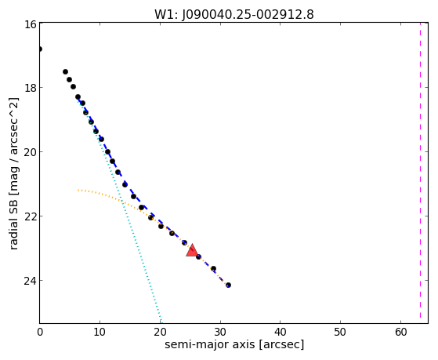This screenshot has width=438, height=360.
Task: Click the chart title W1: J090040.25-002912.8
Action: [234, 14]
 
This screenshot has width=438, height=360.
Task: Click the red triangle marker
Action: [192, 251]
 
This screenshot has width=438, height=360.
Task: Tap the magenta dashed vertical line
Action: [420, 170]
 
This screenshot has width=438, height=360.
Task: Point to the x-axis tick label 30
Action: [220, 332]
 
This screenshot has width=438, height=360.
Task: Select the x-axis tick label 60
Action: [400, 332]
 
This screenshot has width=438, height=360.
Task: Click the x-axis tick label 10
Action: [100, 332]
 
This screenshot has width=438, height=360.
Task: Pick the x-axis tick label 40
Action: [281, 332]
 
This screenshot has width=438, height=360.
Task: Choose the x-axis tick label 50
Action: [340, 332]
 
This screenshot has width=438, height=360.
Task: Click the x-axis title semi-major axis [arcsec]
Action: [234, 344]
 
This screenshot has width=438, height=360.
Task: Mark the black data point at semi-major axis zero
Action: [40, 49]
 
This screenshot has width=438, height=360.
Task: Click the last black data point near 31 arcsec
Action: [228, 285]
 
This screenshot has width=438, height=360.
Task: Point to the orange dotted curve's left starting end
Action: [78, 191]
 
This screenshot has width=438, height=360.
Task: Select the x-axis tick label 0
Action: [40, 332]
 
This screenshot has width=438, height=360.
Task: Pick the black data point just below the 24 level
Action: [228, 285]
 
